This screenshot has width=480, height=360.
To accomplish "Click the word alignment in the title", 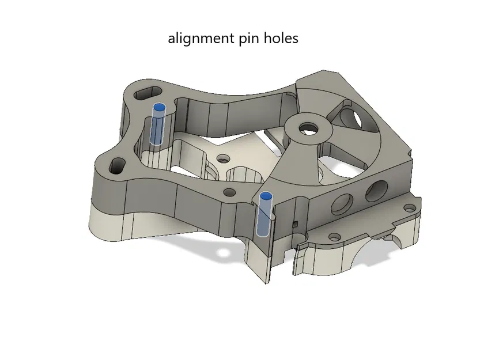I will coord(199,39).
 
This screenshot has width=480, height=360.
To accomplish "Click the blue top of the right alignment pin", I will coord(266,196).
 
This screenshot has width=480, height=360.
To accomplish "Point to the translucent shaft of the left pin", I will coord(157,130).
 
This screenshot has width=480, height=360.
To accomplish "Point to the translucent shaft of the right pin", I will coord(264,219).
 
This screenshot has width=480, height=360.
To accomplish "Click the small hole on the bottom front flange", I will coord(334,236).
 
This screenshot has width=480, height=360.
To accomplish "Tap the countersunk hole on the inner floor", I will coord(221,157).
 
